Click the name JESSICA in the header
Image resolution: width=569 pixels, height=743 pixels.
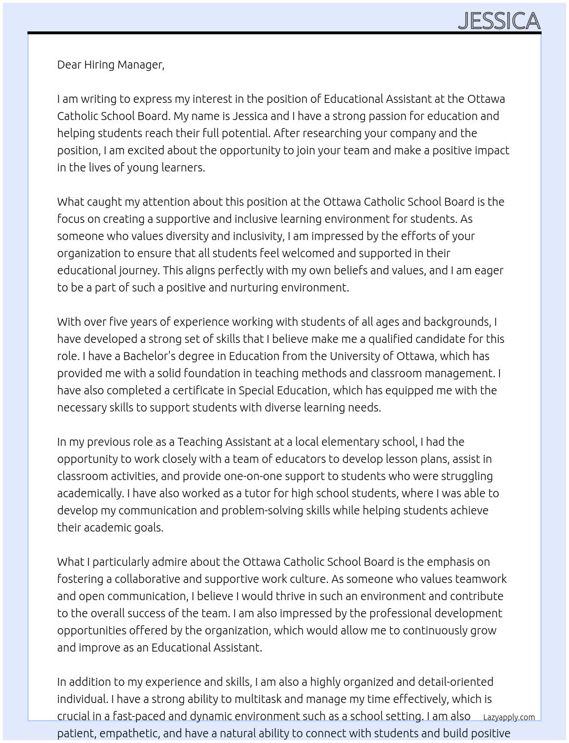[x=499, y=21]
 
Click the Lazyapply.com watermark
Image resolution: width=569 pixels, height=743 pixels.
[x=508, y=717]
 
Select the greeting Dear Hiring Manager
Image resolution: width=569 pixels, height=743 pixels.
[x=110, y=65]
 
